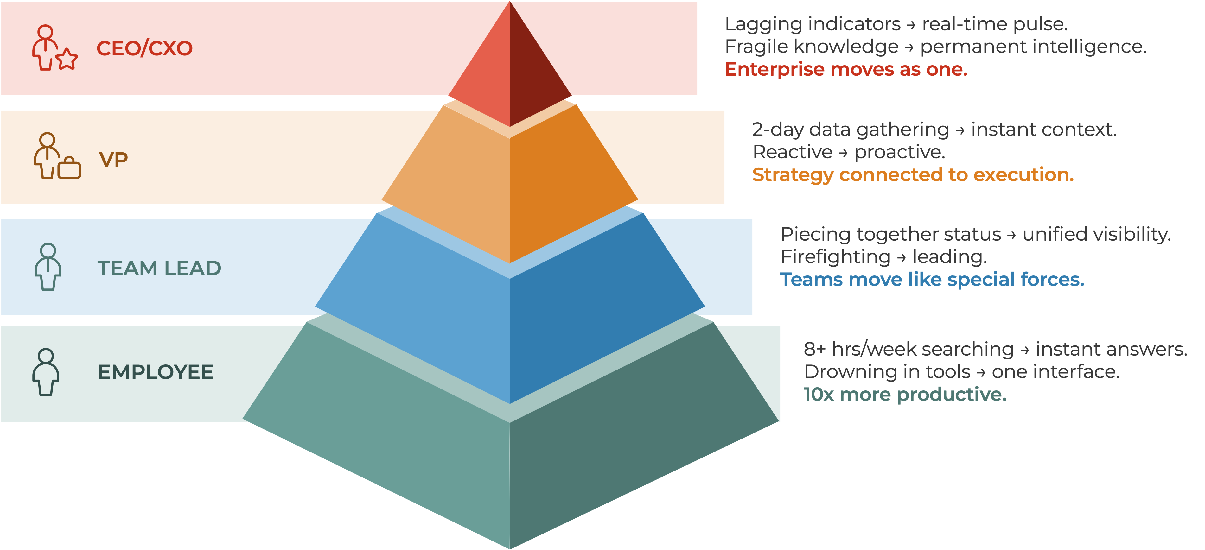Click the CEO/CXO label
tap(144, 48)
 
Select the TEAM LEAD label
tap(159, 268)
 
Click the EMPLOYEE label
tap(156, 372)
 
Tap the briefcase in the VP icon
tap(70, 168)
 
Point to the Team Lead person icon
tap(48, 267)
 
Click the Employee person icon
tap(45, 372)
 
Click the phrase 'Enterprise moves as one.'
tap(846, 69)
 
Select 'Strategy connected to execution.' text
tap(913, 174)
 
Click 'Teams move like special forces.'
tap(932, 279)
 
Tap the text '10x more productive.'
tap(905, 394)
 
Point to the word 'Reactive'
tap(793, 152)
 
